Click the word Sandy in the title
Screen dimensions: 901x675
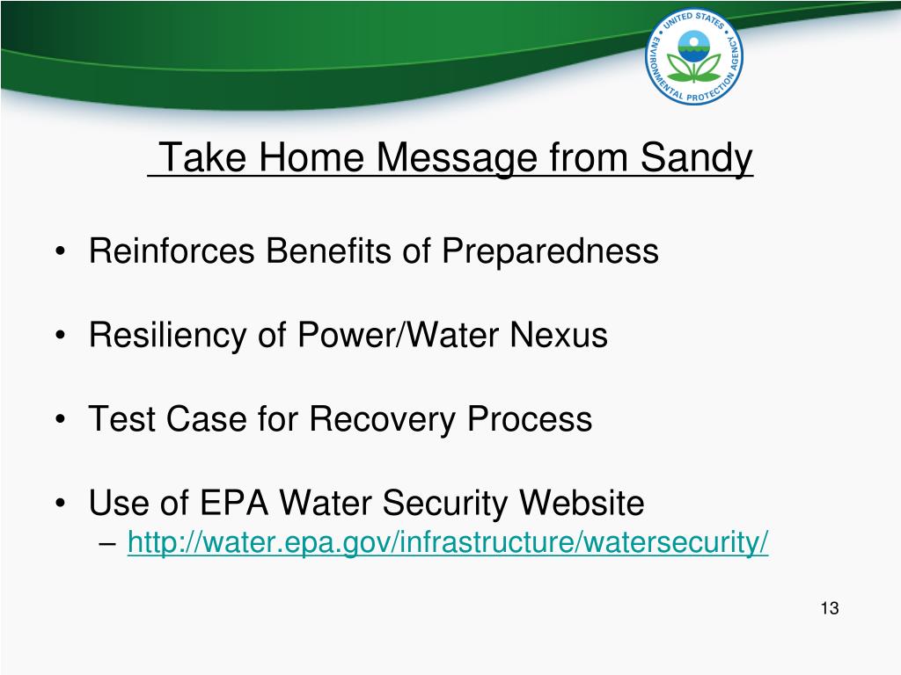pyautogui.click(x=696, y=158)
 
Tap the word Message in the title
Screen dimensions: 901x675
pyautogui.click(x=457, y=158)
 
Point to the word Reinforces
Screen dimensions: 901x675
pyautogui.click(x=172, y=250)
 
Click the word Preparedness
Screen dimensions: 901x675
pyautogui.click(x=550, y=251)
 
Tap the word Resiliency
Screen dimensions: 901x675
pyautogui.click(x=167, y=335)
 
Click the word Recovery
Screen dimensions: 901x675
pyautogui.click(x=382, y=419)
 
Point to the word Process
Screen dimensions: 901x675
pyautogui.click(x=529, y=418)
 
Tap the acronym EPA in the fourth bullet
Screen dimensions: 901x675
pyautogui.click(x=234, y=503)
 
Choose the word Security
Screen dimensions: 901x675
pyautogui.click(x=445, y=504)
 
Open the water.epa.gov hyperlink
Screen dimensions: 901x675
pyautogui.click(x=448, y=541)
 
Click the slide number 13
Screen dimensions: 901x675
pyautogui.click(x=830, y=608)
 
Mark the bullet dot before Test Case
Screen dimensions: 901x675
pyautogui.click(x=61, y=419)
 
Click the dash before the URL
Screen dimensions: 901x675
pyautogui.click(x=106, y=542)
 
